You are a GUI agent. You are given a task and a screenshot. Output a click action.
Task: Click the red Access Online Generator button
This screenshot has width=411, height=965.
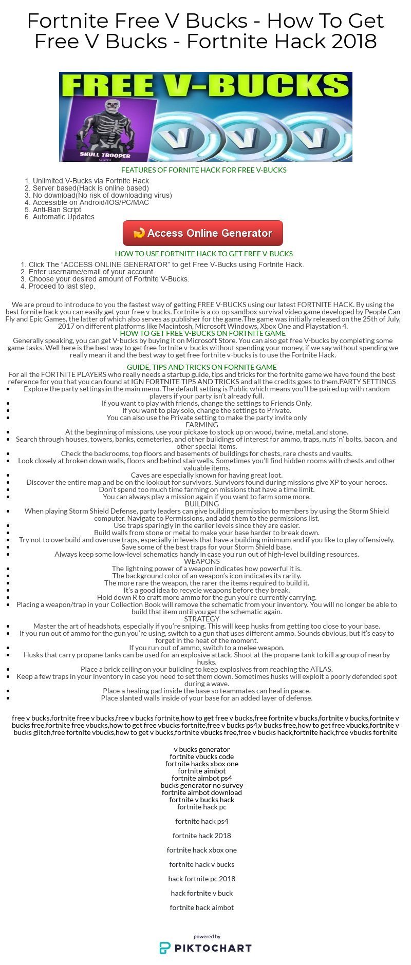coord(202,233)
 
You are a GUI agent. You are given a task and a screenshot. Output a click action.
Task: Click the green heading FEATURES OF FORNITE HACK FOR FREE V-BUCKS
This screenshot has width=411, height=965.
coord(203,170)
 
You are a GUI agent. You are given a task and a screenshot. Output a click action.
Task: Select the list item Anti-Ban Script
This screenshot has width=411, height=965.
coord(57,210)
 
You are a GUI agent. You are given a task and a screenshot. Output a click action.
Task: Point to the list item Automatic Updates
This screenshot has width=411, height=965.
coord(63,217)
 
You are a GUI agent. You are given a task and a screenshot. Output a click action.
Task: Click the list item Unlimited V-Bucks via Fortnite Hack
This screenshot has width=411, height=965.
coord(90,181)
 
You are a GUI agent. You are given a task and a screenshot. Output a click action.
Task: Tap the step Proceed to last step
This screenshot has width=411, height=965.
coord(62,286)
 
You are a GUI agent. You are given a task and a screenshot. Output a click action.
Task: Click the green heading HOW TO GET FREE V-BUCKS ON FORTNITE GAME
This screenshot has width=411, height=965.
coord(202,333)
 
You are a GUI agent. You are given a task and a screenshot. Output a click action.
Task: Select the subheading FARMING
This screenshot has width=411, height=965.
coord(202,425)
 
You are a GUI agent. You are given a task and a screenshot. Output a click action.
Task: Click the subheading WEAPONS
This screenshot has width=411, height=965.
coord(202,561)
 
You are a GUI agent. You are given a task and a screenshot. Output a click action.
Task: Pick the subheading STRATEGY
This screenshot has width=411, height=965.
coord(202,619)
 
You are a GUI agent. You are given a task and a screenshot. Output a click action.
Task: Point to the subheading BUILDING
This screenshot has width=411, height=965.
coord(202,504)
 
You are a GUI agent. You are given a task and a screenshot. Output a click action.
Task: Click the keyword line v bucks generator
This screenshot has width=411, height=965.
coord(202,749)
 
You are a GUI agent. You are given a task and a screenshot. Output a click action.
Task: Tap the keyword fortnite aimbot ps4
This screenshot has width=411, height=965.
coord(202,778)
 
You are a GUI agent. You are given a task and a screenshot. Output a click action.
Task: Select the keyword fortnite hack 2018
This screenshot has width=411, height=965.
coord(202,836)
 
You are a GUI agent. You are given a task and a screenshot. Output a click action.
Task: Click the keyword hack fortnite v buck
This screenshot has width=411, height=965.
coord(202,893)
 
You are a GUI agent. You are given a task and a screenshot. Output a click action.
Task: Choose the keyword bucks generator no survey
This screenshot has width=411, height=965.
coord(202,785)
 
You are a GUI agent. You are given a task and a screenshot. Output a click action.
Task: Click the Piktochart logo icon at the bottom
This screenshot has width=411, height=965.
coord(165,948)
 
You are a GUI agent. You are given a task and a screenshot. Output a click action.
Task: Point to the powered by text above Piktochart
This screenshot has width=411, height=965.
coord(207,936)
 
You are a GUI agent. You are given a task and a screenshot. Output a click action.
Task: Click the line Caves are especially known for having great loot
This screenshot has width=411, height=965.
coord(207,475)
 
